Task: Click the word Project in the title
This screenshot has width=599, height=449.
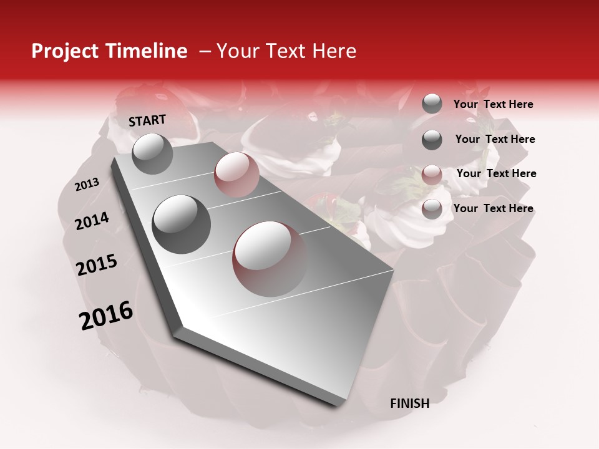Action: click(x=64, y=52)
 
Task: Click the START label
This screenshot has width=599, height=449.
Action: click(x=147, y=120)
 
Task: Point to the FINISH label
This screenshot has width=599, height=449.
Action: click(x=409, y=403)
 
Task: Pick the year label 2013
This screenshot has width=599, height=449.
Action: click(x=87, y=185)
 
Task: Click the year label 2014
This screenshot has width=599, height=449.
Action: click(x=92, y=221)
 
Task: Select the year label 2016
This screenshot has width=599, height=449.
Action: click(x=105, y=316)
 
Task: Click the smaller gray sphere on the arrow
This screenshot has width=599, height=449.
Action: click(x=152, y=153)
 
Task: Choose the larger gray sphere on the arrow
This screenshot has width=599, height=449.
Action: click(x=181, y=224)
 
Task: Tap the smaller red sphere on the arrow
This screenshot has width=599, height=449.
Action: click(x=236, y=174)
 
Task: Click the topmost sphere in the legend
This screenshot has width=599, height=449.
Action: click(x=432, y=104)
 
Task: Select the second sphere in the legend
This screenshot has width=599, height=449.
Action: click(x=432, y=140)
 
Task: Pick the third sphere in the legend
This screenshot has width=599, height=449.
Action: click(x=432, y=175)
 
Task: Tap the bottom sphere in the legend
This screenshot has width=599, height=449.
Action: click(x=432, y=209)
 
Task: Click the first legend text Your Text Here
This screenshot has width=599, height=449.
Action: click(x=493, y=104)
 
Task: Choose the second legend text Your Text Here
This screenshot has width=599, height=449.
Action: click(x=495, y=139)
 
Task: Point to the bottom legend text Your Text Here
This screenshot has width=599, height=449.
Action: click(x=493, y=208)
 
